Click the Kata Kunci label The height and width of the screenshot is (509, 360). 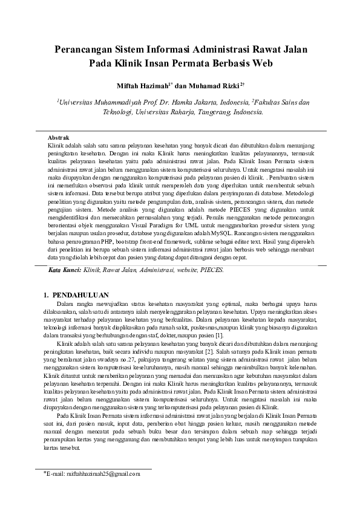pos(64,270)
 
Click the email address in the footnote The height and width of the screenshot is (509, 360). pos(90,474)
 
